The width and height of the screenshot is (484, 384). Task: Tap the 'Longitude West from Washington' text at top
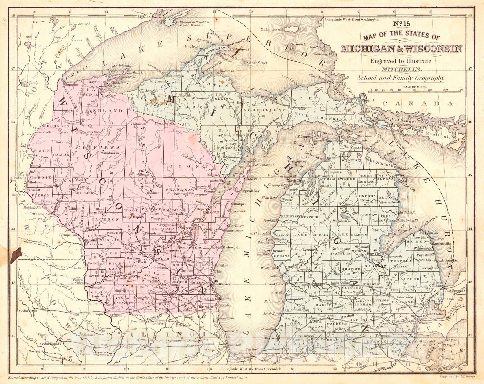click(x=352, y=19)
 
